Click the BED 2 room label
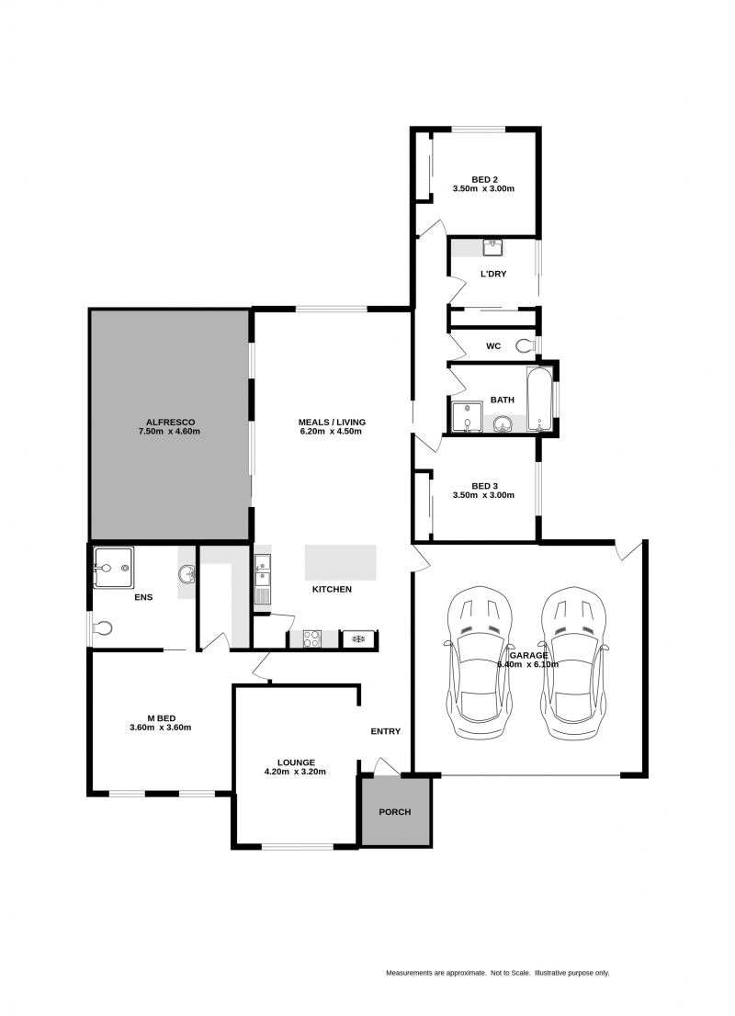(x=484, y=179)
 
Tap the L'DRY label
(x=493, y=274)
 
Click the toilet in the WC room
(x=525, y=346)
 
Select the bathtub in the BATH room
(x=540, y=399)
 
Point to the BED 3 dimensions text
(x=483, y=495)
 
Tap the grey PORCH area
(x=395, y=812)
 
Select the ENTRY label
(x=386, y=731)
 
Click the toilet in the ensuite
(x=103, y=628)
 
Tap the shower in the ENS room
(x=114, y=568)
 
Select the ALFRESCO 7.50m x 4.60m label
(x=169, y=425)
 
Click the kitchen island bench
(x=341, y=562)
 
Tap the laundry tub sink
(x=492, y=246)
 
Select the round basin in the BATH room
(x=503, y=423)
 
